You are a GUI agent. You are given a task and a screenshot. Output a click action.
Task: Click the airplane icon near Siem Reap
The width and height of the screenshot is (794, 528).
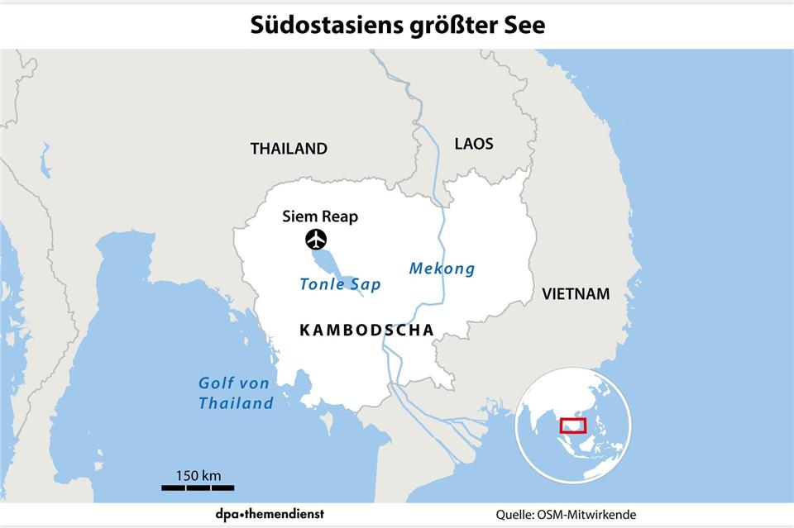click(x=315, y=240)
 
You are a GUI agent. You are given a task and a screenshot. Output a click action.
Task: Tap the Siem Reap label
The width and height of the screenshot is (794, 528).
click(x=319, y=217)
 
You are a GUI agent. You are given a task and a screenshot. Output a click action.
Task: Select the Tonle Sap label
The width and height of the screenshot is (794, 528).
click(x=340, y=285)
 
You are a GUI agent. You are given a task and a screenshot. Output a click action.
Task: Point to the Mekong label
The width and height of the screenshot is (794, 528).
click(x=442, y=269)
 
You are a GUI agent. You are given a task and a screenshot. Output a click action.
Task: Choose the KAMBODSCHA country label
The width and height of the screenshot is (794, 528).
click(x=366, y=330)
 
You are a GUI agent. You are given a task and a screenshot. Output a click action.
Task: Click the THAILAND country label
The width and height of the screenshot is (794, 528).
click(x=289, y=150)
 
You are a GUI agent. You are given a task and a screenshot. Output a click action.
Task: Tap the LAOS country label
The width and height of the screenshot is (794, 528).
click(x=474, y=144)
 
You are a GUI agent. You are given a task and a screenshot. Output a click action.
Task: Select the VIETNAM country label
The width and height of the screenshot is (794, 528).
click(x=576, y=293)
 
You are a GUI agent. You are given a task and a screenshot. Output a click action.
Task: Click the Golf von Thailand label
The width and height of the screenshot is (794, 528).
click(x=236, y=393)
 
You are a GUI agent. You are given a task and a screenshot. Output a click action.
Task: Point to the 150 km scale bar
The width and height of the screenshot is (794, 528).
click(x=198, y=488)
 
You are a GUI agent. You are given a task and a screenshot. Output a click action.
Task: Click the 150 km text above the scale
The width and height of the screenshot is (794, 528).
click(x=198, y=475)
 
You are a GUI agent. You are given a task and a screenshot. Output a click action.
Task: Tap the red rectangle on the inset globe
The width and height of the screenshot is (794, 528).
click(x=572, y=426)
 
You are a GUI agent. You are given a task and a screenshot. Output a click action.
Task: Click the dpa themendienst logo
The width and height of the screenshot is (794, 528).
click(x=265, y=514)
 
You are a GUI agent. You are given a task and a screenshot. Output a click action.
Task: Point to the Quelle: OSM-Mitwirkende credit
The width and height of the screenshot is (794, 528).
click(x=567, y=514)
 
